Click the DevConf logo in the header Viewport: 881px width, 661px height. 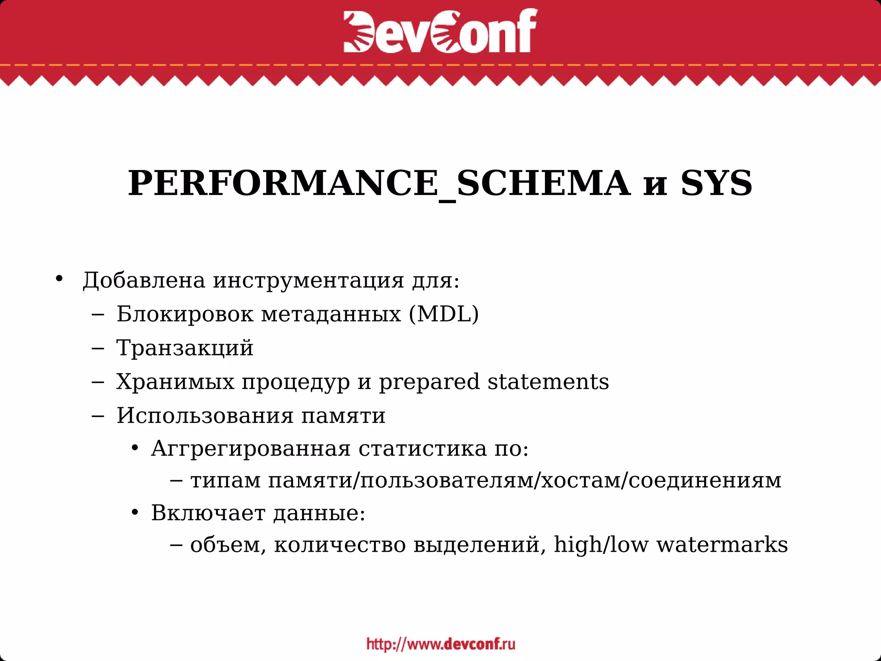(440, 31)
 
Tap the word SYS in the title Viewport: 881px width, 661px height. (716, 184)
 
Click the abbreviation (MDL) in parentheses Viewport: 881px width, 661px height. (444, 314)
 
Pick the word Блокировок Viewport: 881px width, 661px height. (185, 314)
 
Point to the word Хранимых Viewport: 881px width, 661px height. (175, 382)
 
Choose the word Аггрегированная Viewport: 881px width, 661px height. (251, 449)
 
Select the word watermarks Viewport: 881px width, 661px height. (722, 545)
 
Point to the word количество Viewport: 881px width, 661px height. (340, 545)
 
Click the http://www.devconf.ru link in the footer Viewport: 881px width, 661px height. (440, 644)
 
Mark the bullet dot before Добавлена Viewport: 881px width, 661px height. (59, 278)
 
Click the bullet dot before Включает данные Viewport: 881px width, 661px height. (135, 513)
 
